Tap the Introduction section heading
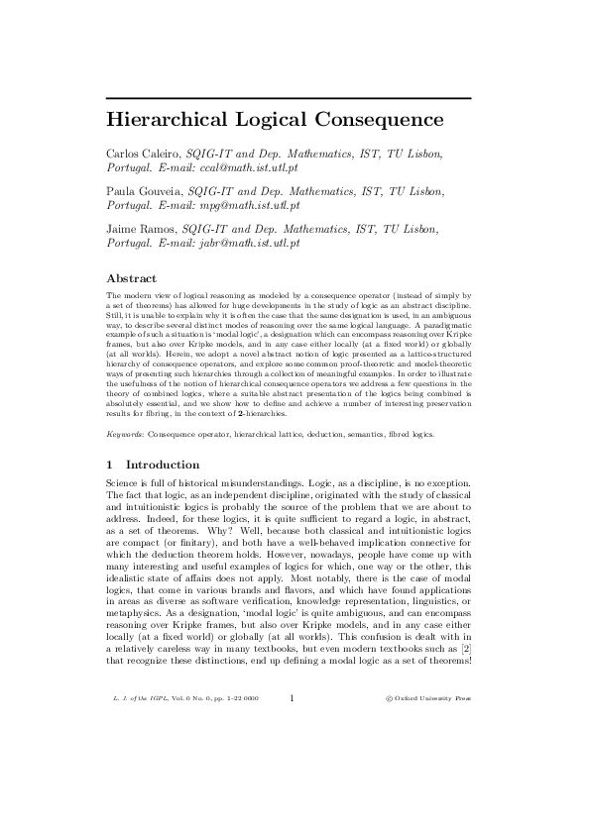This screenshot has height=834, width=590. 164,465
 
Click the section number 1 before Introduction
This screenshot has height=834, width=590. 109,465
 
